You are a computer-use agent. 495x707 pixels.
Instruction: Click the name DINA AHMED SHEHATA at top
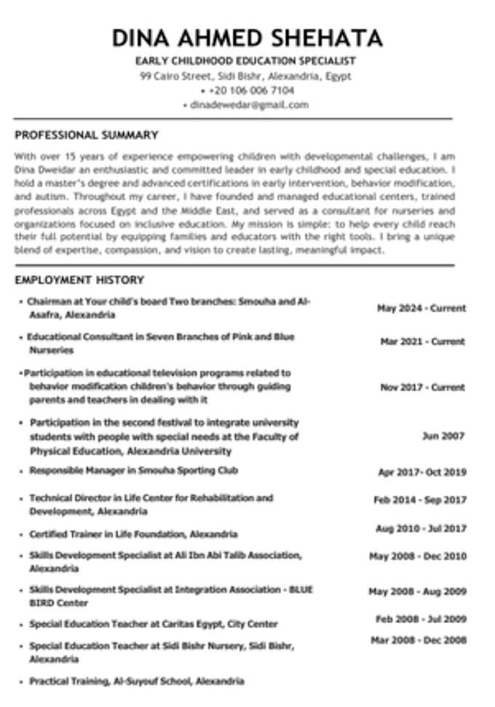pyautogui.click(x=247, y=38)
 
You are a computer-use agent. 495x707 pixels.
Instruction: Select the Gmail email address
pyautogui.click(x=248, y=105)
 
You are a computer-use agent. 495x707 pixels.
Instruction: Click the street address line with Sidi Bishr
pyautogui.click(x=246, y=76)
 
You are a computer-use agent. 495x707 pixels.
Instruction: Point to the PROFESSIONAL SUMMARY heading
pyautogui.click(x=87, y=135)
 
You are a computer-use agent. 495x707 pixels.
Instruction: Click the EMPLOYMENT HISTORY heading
pyautogui.click(x=79, y=280)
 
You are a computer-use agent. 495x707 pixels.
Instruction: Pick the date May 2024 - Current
pyautogui.click(x=421, y=308)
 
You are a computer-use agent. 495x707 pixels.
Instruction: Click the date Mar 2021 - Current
pyautogui.click(x=422, y=341)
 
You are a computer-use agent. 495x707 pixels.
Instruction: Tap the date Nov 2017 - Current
pyautogui.click(x=422, y=387)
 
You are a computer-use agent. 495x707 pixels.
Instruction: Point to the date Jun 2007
pyautogui.click(x=443, y=436)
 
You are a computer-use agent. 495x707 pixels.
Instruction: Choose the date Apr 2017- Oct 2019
pyautogui.click(x=421, y=473)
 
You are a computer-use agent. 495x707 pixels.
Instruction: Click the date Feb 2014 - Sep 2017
pyautogui.click(x=419, y=500)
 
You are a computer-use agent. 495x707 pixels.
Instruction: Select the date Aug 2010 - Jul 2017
pyautogui.click(x=421, y=529)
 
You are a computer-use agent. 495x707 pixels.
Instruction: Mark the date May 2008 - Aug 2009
pyautogui.click(x=417, y=592)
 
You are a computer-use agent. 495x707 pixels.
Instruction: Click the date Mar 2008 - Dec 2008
pyautogui.click(x=418, y=640)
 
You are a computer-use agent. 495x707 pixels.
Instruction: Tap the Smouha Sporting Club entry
pyautogui.click(x=133, y=471)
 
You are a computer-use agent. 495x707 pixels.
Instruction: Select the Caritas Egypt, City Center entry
pyautogui.click(x=154, y=624)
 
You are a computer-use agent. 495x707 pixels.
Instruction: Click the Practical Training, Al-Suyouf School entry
pyautogui.click(x=136, y=682)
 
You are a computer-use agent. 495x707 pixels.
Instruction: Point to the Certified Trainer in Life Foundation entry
pyautogui.click(x=133, y=534)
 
